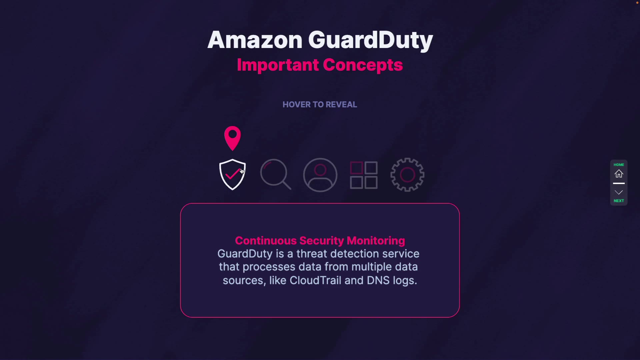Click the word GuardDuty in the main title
[x=370, y=40]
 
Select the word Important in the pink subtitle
[x=278, y=65]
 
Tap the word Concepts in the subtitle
[x=363, y=65]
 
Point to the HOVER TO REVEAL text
[x=320, y=105]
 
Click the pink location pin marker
[x=232, y=137]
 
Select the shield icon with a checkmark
[x=232, y=174]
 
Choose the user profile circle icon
[x=320, y=175]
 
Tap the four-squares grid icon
[x=364, y=175]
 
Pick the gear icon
[x=407, y=175]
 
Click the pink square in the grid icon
[x=357, y=168]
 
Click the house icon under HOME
[x=619, y=174]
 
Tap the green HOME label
[x=619, y=165]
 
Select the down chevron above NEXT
[x=619, y=192]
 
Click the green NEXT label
[x=619, y=201]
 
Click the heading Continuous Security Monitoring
[x=320, y=241]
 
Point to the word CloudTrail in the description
[x=315, y=280]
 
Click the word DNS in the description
[x=378, y=280]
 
